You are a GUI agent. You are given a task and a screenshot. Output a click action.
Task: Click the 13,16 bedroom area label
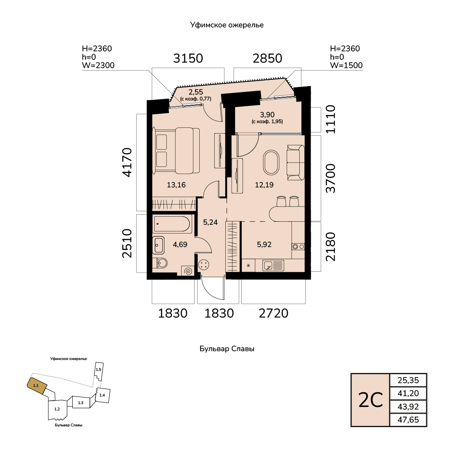click(176, 185)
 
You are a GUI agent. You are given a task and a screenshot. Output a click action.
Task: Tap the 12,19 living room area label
click(264, 185)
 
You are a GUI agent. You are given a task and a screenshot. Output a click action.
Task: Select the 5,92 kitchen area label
click(264, 244)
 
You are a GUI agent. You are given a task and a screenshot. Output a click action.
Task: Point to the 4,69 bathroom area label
click(180, 244)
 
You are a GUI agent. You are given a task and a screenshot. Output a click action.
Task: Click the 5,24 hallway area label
click(210, 222)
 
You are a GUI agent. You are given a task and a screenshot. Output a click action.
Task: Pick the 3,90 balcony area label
click(267, 115)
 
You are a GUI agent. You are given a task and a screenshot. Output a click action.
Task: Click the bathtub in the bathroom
click(172, 224)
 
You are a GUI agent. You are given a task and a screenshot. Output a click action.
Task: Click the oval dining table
click(271, 162)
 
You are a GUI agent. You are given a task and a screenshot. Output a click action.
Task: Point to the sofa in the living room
click(296, 163)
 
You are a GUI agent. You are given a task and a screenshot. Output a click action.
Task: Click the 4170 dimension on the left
click(127, 163)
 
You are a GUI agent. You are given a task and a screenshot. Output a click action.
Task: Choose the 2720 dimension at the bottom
click(274, 313)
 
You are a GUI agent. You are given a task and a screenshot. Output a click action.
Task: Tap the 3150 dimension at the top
click(188, 58)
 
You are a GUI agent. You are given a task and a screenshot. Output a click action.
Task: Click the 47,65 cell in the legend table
click(408, 420)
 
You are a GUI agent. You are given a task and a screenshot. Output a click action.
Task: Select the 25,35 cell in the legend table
click(408, 380)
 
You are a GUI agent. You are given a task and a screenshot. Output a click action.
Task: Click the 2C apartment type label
click(371, 400)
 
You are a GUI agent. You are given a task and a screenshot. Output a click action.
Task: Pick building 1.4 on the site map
click(103, 395)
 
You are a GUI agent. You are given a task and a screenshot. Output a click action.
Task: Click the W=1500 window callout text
click(346, 65)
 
